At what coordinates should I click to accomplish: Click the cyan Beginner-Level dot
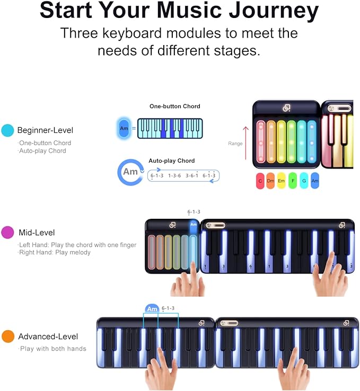[7, 130]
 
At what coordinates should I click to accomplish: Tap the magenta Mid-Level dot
[7, 233]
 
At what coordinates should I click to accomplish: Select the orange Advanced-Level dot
[8, 336]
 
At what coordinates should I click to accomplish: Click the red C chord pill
[260, 181]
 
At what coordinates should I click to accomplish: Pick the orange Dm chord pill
[270, 181]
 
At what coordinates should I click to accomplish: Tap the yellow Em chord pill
[281, 181]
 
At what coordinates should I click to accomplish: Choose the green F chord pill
[293, 181]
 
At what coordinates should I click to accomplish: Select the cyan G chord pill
[304, 181]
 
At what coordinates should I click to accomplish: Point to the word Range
[235, 144]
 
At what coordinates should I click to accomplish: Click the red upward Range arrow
[245, 143]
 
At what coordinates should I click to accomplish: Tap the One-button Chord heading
[175, 106]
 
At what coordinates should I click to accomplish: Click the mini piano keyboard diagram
[170, 128]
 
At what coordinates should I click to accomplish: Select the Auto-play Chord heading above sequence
[172, 161]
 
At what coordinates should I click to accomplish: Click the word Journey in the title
[274, 11]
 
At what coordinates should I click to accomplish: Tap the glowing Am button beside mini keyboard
[124, 128]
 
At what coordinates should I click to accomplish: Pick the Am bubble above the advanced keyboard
[152, 309]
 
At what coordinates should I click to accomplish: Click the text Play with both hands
[53, 349]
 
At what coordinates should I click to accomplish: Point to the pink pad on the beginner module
[261, 141]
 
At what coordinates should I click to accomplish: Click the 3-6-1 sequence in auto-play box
[192, 175]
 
